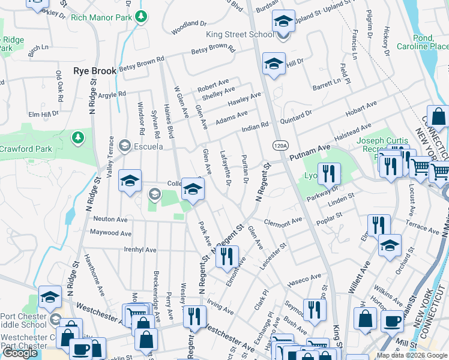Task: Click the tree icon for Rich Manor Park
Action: [x=140, y=16]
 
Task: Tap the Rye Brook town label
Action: [x=95, y=71]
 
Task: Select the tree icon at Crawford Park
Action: [x=77, y=139]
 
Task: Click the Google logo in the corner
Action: [x=20, y=353]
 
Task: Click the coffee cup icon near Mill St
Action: [x=393, y=320]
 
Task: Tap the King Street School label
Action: [x=240, y=34]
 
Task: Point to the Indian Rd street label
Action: [x=255, y=127]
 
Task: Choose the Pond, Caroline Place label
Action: [x=432, y=41]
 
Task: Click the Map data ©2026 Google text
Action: [x=411, y=355]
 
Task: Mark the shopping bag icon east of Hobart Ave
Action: [x=439, y=116]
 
